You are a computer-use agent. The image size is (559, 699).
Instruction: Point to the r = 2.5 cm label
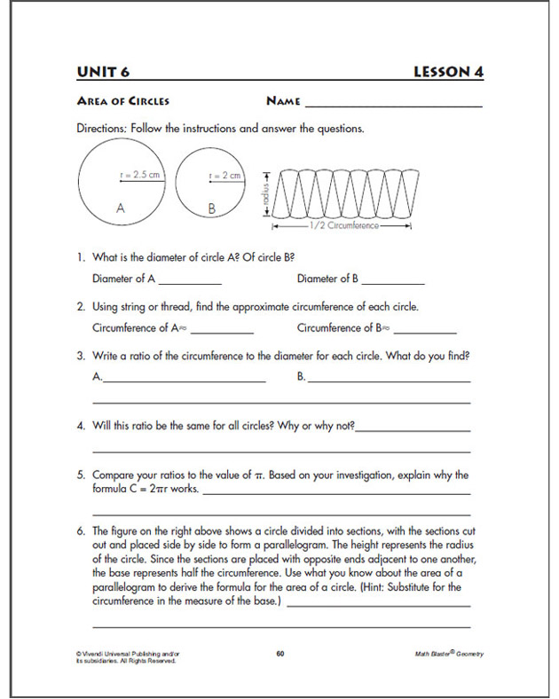[x=140, y=176]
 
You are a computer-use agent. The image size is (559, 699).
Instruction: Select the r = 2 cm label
[x=224, y=176]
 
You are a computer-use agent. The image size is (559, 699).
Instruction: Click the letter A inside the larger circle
[x=120, y=208]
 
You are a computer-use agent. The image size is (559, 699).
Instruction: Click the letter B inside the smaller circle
[x=211, y=208]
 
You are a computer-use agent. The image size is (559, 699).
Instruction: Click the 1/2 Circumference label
[x=342, y=226]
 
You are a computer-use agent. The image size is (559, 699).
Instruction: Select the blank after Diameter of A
[x=190, y=282]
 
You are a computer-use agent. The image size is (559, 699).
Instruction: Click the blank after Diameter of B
[x=393, y=282]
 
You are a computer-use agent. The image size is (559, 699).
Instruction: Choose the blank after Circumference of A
[x=221, y=331]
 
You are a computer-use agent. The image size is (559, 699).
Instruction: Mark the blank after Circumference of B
[x=424, y=331]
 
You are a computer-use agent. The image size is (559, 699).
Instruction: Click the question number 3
[x=80, y=356]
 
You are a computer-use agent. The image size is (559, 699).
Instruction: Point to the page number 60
[x=279, y=654]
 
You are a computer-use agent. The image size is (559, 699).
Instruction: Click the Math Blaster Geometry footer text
[x=449, y=654]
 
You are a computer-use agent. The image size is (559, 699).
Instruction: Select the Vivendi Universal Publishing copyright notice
[x=120, y=657]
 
